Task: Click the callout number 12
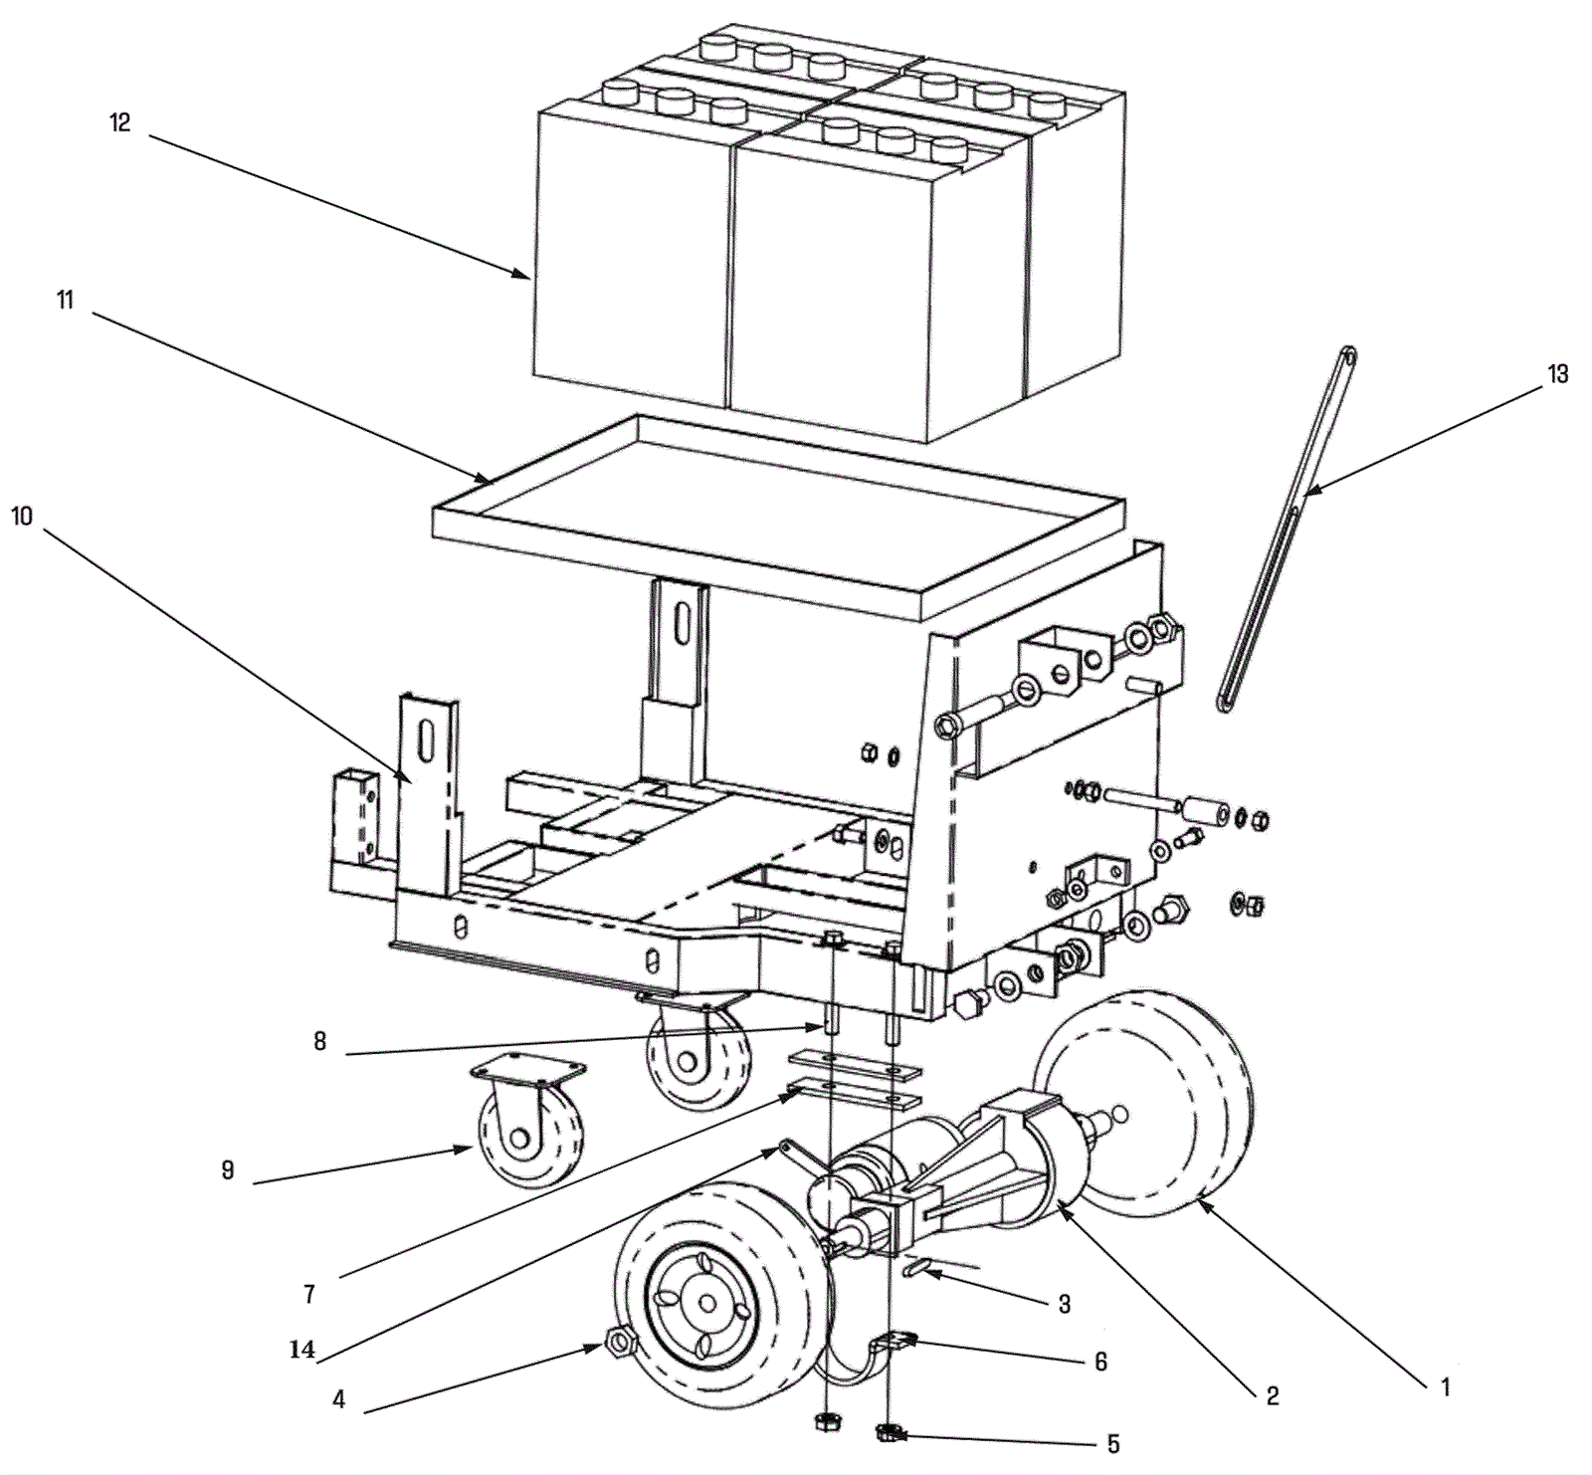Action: [x=119, y=123]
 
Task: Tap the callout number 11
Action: [x=66, y=300]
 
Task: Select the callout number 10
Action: [x=22, y=516]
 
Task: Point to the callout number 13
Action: [x=1557, y=374]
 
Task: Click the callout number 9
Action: [x=228, y=1170]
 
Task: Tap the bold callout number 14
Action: [x=301, y=1350]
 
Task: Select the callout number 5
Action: [x=1113, y=1443]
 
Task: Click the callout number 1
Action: [x=1445, y=1386]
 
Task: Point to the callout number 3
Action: [x=1064, y=1303]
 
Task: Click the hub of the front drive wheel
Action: [x=707, y=1302]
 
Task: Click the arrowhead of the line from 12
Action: [x=526, y=278]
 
